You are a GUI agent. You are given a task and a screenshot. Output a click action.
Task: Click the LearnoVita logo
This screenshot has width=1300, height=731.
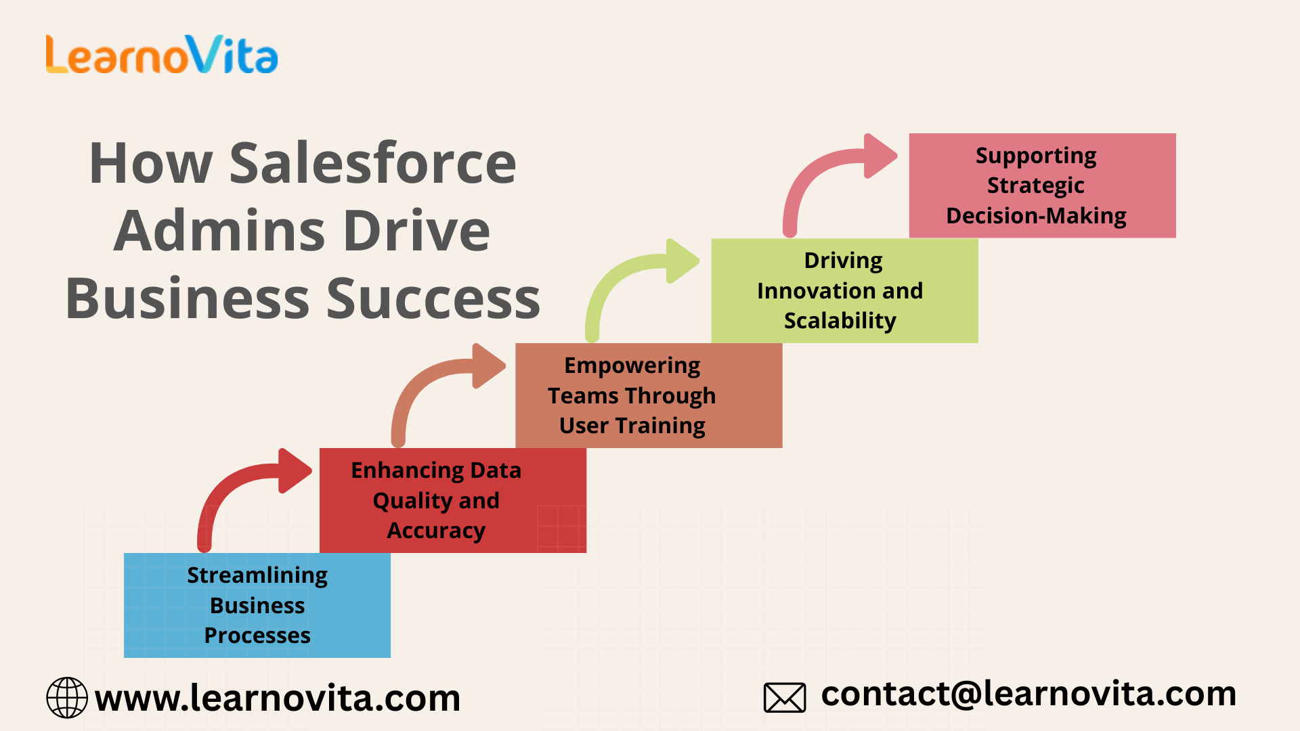click(x=162, y=54)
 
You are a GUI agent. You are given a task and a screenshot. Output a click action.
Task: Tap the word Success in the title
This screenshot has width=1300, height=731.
click(x=433, y=298)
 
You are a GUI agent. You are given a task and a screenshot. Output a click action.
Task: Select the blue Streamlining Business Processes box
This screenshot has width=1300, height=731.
click(x=257, y=605)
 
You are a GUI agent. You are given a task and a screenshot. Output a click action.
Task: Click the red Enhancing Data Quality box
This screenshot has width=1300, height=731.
click(x=453, y=500)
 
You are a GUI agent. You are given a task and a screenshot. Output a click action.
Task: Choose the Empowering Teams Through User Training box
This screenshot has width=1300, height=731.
click(x=649, y=395)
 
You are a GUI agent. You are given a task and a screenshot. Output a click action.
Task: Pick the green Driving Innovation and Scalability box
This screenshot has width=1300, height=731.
click(x=844, y=290)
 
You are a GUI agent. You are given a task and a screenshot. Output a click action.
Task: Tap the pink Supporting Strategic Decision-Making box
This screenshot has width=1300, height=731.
click(x=1043, y=185)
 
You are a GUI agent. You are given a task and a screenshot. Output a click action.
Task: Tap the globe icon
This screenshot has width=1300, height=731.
click(x=67, y=697)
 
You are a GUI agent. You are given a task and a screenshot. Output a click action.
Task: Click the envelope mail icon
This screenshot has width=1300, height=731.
click(x=785, y=698)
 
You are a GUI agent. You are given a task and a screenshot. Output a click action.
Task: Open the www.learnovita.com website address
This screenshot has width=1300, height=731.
click(x=278, y=698)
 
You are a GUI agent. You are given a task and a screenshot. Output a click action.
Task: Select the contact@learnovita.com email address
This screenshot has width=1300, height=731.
click(x=1028, y=694)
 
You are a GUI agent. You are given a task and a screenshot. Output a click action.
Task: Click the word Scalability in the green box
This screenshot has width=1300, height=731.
click(x=840, y=321)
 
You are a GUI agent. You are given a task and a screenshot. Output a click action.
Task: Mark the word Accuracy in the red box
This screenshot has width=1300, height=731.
click(x=436, y=531)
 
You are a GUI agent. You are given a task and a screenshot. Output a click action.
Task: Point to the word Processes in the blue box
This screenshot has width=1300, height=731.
click(x=257, y=636)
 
